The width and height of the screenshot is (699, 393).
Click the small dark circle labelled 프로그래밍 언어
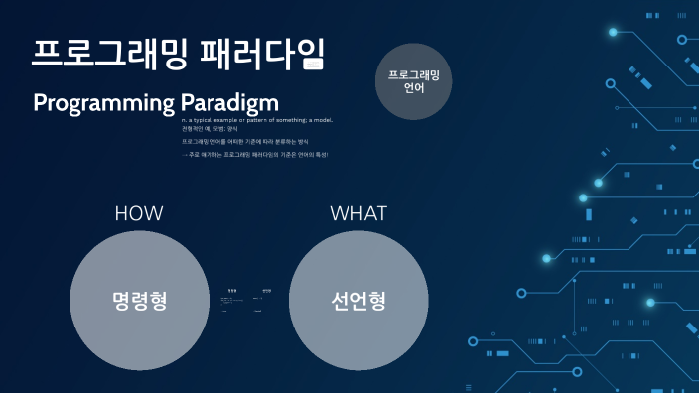pos(413,81)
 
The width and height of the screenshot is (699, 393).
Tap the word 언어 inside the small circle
pos(413,88)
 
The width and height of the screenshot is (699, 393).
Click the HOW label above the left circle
pos(139,213)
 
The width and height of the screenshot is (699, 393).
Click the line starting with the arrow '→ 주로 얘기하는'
pos(254,155)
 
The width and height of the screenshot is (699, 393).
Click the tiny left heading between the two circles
pos(232,290)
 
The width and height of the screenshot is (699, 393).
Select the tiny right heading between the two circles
pos(266,290)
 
